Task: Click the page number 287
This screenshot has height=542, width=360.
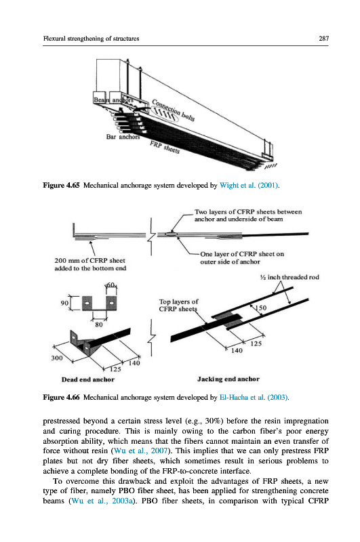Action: [323, 39]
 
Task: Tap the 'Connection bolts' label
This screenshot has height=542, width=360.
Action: [174, 110]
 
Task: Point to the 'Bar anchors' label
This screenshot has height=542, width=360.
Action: [123, 137]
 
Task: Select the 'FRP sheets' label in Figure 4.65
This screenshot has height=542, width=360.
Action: [165, 148]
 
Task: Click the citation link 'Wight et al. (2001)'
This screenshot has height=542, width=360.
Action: [249, 185]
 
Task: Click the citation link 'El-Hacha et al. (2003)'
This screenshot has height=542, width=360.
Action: [254, 398]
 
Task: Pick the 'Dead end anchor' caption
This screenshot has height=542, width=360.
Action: [88, 379]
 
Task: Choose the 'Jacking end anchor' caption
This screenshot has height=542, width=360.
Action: [228, 379]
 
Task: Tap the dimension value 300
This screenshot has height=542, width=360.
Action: [57, 358]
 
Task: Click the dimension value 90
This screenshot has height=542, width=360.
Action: [64, 303]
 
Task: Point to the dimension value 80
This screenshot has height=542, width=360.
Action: [99, 325]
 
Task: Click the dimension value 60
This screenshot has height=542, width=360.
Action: [111, 285]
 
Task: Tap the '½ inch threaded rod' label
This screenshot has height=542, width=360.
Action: [289, 277]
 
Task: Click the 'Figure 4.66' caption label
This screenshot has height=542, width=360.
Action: [61, 398]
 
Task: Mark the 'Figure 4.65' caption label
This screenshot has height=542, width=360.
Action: [61, 185]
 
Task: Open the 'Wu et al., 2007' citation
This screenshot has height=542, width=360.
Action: [141, 451]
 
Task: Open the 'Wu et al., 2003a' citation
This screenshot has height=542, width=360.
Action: [102, 501]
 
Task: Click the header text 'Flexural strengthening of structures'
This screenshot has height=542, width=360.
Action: [91, 39]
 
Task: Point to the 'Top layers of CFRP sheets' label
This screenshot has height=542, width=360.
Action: [178, 306]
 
